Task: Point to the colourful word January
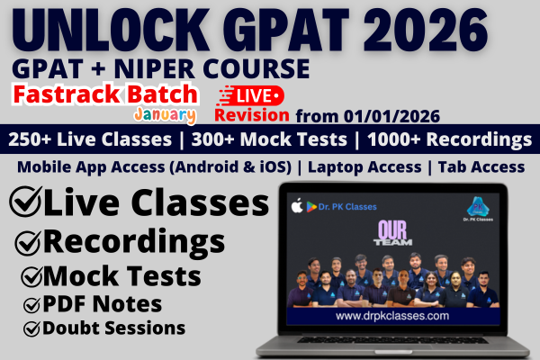click(x=165, y=116)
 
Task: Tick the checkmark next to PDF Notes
click(x=32, y=303)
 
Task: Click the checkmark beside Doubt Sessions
click(x=32, y=328)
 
